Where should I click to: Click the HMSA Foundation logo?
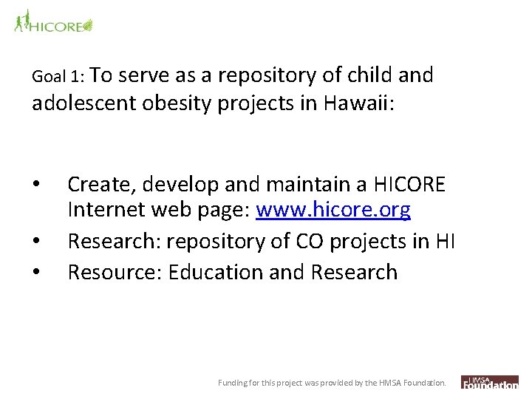point(490,382)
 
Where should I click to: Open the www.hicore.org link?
point(332,211)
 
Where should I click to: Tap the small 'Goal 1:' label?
point(60,77)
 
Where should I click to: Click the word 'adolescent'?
point(83,104)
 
